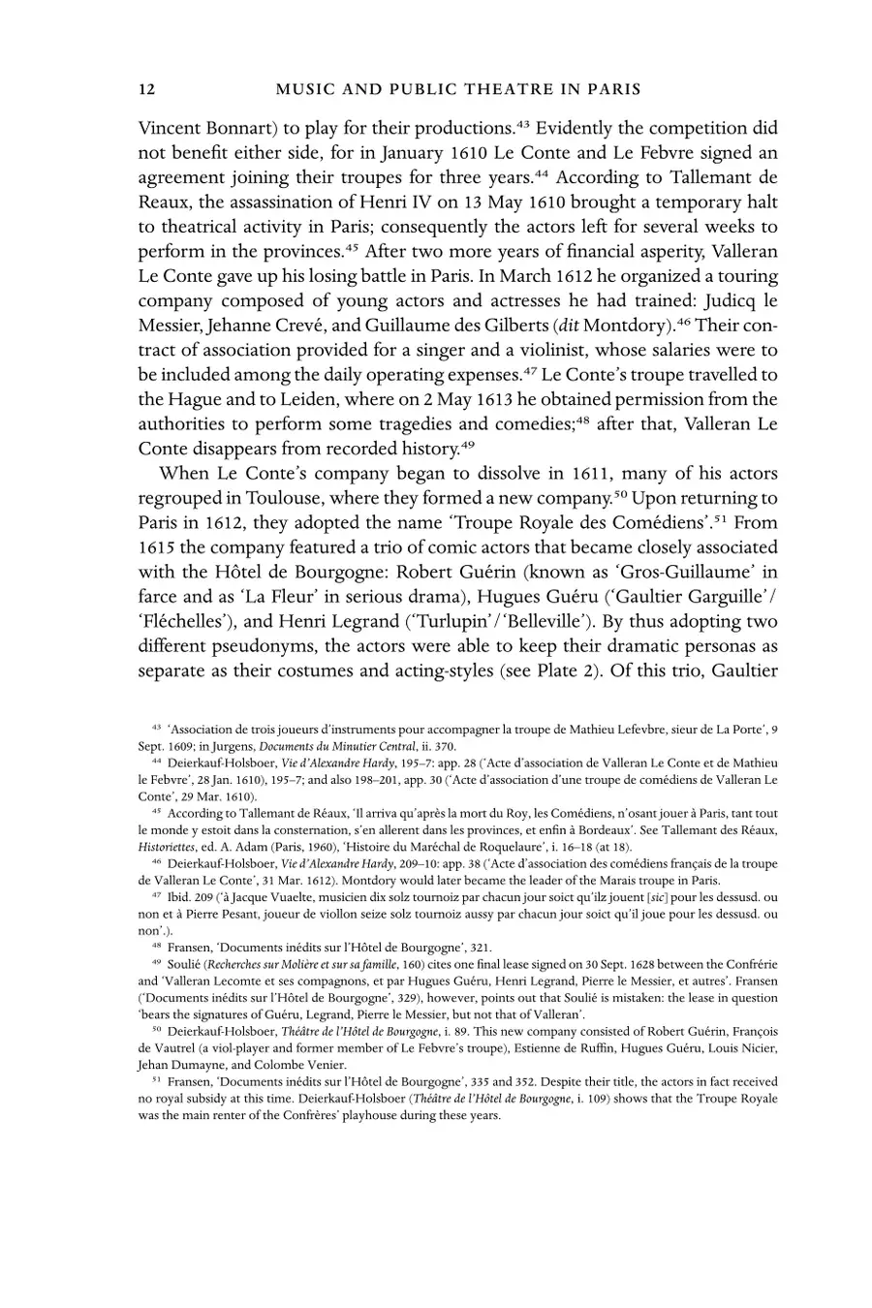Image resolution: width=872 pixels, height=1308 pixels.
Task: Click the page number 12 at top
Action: tap(147, 89)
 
